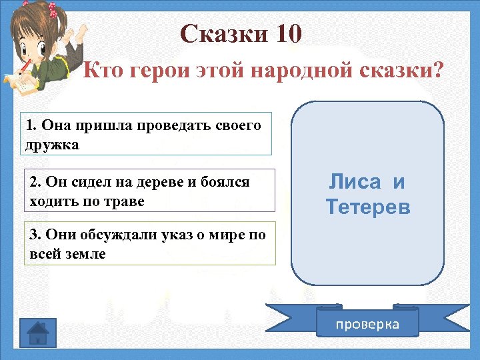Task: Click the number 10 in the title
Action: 286,33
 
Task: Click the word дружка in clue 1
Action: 53,145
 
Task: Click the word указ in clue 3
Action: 149,235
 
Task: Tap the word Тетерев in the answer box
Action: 368,207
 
